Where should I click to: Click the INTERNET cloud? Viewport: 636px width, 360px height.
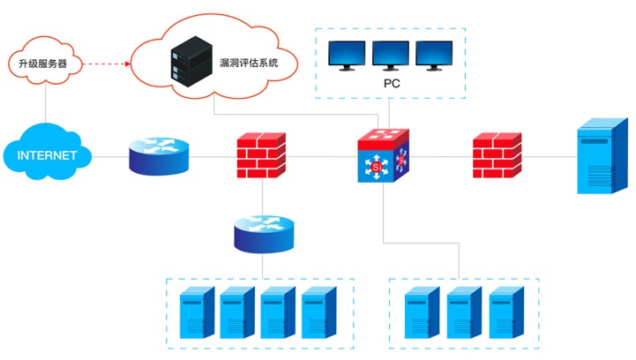[x=45, y=156]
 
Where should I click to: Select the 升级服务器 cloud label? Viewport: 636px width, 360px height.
[x=44, y=64]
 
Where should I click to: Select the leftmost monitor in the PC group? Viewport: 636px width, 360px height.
[x=348, y=56]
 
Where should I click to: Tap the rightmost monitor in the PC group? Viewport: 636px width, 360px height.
[x=436, y=56]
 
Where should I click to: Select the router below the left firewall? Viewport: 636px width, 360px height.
[x=263, y=232]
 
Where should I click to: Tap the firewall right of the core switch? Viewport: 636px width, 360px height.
[x=495, y=155]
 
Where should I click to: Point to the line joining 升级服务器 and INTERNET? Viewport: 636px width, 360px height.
[x=44, y=104]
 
